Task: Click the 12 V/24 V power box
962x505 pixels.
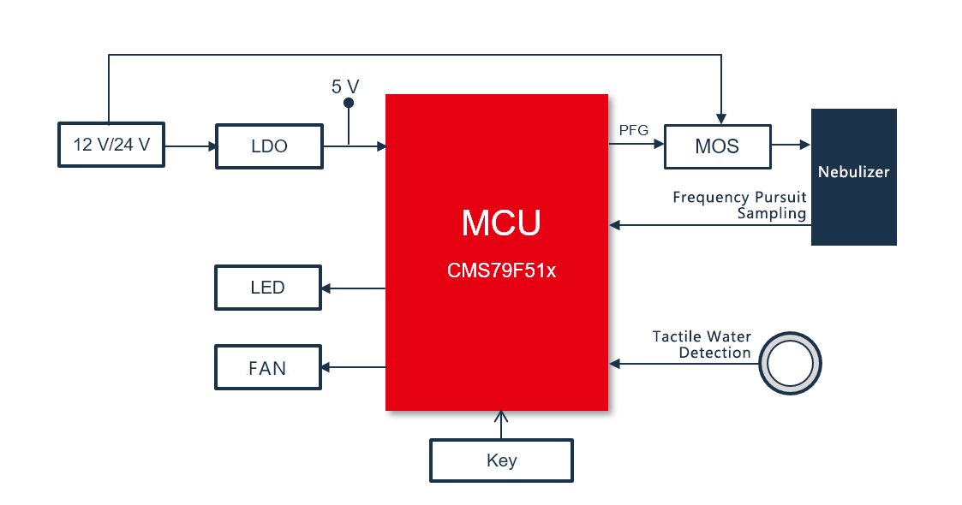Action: click(111, 146)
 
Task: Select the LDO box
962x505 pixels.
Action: click(269, 146)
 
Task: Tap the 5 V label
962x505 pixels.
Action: click(345, 86)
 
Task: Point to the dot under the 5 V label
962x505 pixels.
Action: click(349, 104)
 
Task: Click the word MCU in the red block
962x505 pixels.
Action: click(501, 223)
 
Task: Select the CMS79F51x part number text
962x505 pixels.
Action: click(501, 271)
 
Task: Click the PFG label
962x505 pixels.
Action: click(633, 130)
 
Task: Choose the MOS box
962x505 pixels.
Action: click(717, 146)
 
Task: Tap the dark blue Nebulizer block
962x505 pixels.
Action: click(853, 176)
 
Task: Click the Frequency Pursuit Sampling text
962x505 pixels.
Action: click(740, 205)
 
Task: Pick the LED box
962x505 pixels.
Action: click(267, 288)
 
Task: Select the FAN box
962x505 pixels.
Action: click(267, 368)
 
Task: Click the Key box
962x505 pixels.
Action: click(501, 460)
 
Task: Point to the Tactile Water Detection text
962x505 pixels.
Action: click(702, 345)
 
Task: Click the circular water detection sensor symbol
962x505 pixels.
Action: click(790, 364)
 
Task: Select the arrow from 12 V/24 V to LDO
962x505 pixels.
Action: click(190, 146)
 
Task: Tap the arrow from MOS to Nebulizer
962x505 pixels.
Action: click(791, 146)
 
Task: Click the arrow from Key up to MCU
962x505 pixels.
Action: click(501, 425)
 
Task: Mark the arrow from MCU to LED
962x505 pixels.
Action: click(353, 288)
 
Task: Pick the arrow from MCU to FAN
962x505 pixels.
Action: click(353, 368)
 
